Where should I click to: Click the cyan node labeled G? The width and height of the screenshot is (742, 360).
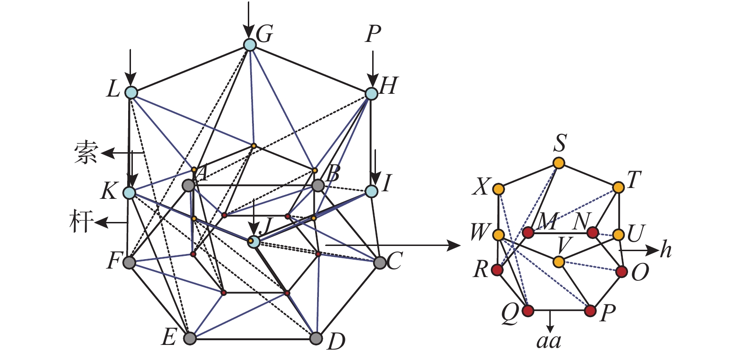point(250,45)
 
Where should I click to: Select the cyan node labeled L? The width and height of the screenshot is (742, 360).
point(131,93)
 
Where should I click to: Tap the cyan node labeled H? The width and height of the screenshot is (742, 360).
point(372,93)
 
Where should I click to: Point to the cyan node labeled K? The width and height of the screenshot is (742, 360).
point(129,192)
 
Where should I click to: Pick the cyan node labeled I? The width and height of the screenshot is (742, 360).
point(372,191)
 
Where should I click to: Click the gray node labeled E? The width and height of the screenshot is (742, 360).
point(189,338)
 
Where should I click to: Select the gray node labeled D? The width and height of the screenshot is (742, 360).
point(317,338)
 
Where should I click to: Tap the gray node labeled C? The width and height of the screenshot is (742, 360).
point(380,262)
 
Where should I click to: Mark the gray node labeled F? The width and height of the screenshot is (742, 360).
point(129,262)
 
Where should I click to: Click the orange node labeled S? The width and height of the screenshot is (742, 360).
point(559,163)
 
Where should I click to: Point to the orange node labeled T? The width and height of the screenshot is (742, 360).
point(619,187)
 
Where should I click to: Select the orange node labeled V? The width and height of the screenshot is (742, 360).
point(559,261)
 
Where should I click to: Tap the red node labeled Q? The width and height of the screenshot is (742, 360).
point(528,311)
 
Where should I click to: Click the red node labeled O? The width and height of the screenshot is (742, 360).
point(622,271)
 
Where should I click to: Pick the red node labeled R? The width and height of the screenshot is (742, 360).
point(497,270)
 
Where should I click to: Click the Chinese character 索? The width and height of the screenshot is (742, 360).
point(85,153)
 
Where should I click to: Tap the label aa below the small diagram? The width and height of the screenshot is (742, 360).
point(549,340)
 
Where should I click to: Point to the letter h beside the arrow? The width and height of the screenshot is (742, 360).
point(665,250)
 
